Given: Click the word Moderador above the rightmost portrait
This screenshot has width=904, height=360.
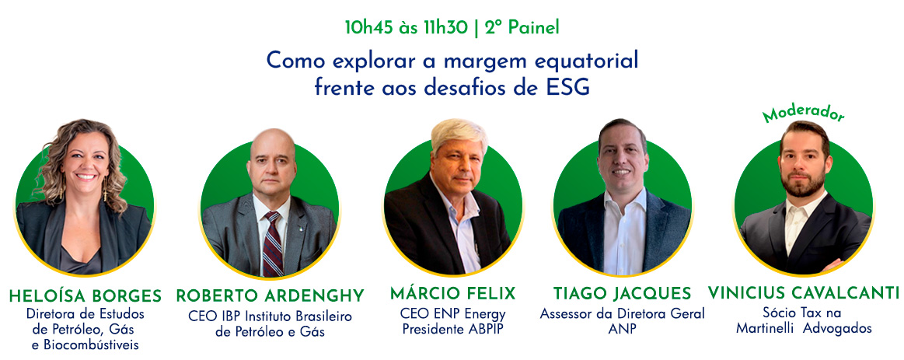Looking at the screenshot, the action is tap(802, 114).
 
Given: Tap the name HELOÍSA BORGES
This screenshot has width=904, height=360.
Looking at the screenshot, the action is tap(86, 296).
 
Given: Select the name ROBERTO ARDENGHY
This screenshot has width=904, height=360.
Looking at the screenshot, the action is tap(271, 296).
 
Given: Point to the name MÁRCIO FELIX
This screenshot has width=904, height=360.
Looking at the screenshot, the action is tap(452, 294).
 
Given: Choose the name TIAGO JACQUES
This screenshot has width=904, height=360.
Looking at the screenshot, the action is tap(622, 294).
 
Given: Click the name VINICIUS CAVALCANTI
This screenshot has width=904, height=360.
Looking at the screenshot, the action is tap(804, 293).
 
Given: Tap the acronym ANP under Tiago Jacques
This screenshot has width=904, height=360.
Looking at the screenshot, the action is tap(622, 329).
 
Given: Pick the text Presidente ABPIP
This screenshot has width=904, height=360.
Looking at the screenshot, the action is tap(452, 329).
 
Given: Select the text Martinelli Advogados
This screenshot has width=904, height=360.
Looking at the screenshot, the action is tap(804, 328).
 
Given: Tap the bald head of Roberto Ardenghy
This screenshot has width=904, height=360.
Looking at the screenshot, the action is tap(272, 142).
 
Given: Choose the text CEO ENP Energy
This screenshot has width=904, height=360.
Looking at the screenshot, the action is tap(452, 314).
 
